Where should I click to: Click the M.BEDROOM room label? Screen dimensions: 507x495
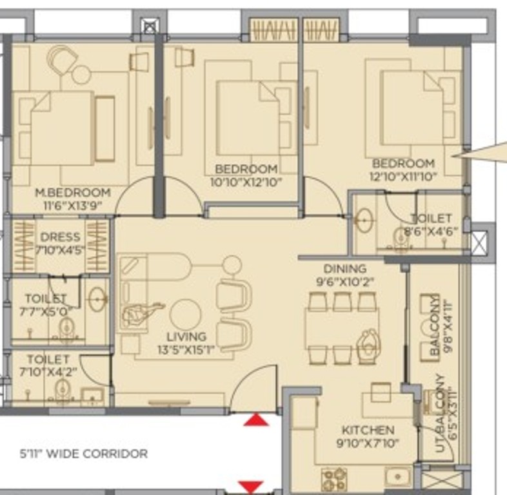point(73,193)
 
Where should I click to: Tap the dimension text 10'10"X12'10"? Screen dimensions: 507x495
point(246,182)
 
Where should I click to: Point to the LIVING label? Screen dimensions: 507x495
point(186,337)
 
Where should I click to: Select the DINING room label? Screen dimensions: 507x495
point(345,269)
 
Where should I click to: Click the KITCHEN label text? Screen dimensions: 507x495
point(368,430)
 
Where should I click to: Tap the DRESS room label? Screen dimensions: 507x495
point(61,237)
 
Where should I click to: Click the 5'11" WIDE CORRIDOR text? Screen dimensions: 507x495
point(84,454)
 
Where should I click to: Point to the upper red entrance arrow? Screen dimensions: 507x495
point(256,420)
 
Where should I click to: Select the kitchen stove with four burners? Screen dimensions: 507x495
point(334,480)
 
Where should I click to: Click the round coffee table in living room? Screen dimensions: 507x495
point(185,315)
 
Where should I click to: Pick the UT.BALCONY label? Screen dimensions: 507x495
point(439,413)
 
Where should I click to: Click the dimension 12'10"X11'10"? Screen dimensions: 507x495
point(403,177)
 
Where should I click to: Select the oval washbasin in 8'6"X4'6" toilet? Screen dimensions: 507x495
point(364,220)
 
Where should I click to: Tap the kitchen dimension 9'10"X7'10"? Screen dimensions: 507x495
point(368,443)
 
